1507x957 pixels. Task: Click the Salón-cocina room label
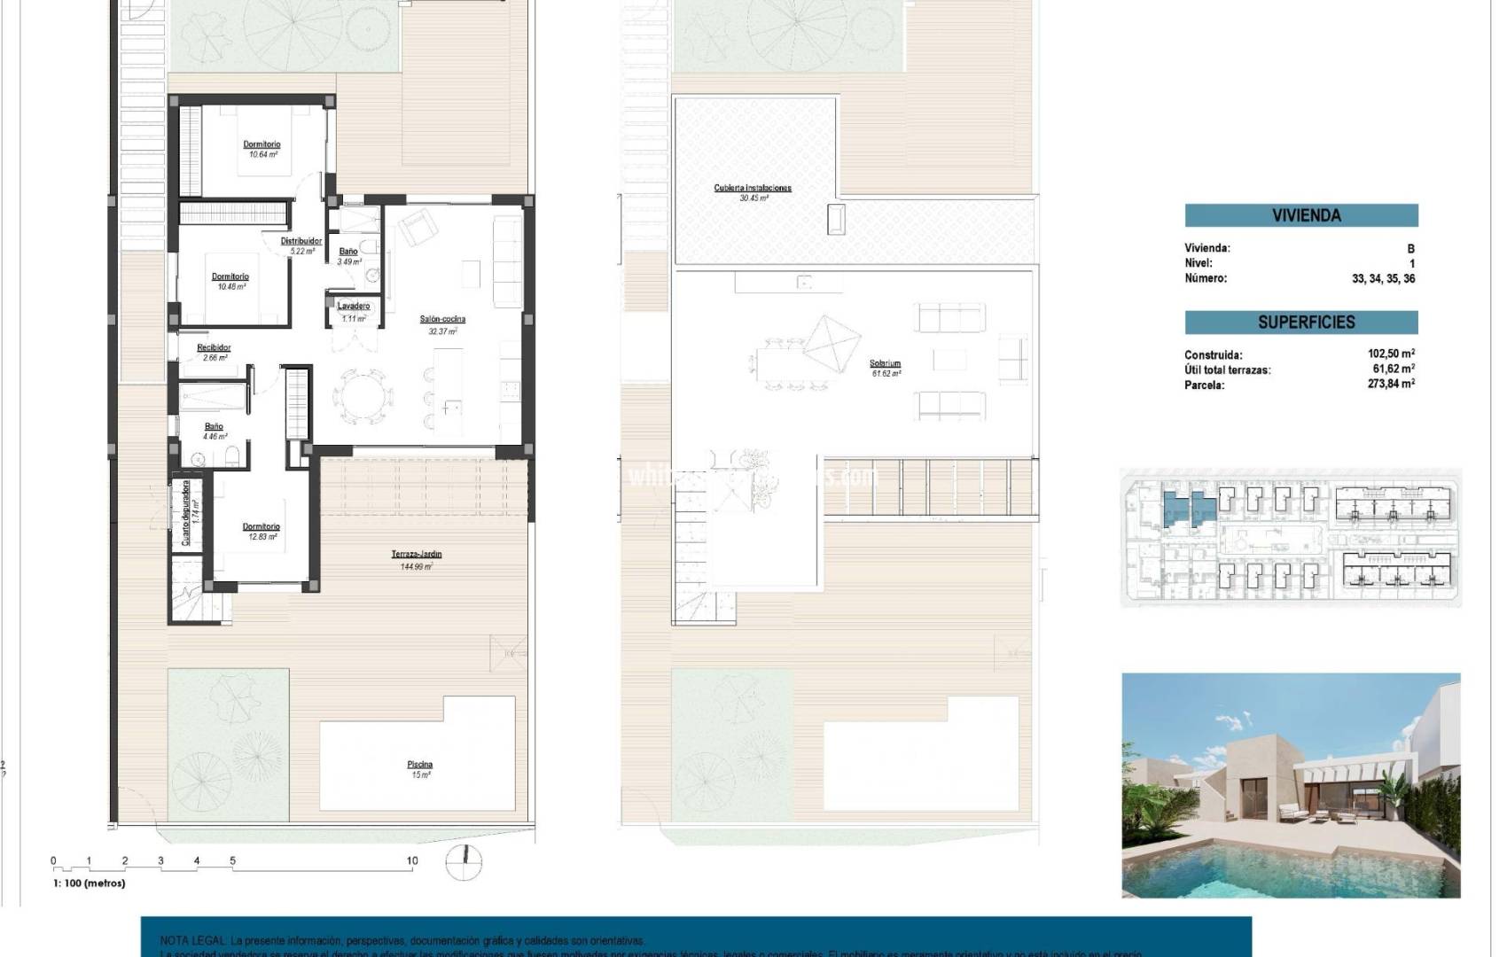[442, 319]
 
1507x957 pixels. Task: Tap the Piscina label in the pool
[420, 764]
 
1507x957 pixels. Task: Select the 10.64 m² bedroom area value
[262, 155]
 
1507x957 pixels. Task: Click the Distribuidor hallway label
[301, 241]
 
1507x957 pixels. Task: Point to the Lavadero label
[354, 306]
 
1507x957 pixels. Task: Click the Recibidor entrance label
[214, 347]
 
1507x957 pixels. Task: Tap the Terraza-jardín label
[417, 555]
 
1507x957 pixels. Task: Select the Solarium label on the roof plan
[885, 363]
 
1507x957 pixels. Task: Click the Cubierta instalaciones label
[753, 188]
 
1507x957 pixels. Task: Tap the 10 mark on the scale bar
[411, 860]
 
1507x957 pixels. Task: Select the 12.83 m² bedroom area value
[262, 537]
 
